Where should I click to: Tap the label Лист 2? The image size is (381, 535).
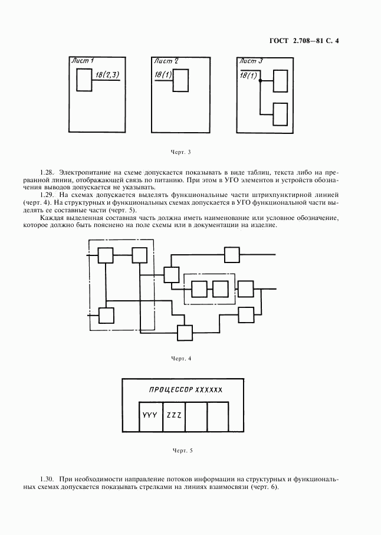(x=166, y=61)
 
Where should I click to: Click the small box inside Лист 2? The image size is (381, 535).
(x=180, y=80)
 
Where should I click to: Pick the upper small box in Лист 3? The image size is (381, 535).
(x=280, y=80)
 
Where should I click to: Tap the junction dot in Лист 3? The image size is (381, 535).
(x=259, y=81)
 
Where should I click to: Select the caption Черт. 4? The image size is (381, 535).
(x=181, y=359)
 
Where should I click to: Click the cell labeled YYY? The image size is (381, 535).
(x=150, y=415)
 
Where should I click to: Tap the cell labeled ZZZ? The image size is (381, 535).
(x=173, y=415)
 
